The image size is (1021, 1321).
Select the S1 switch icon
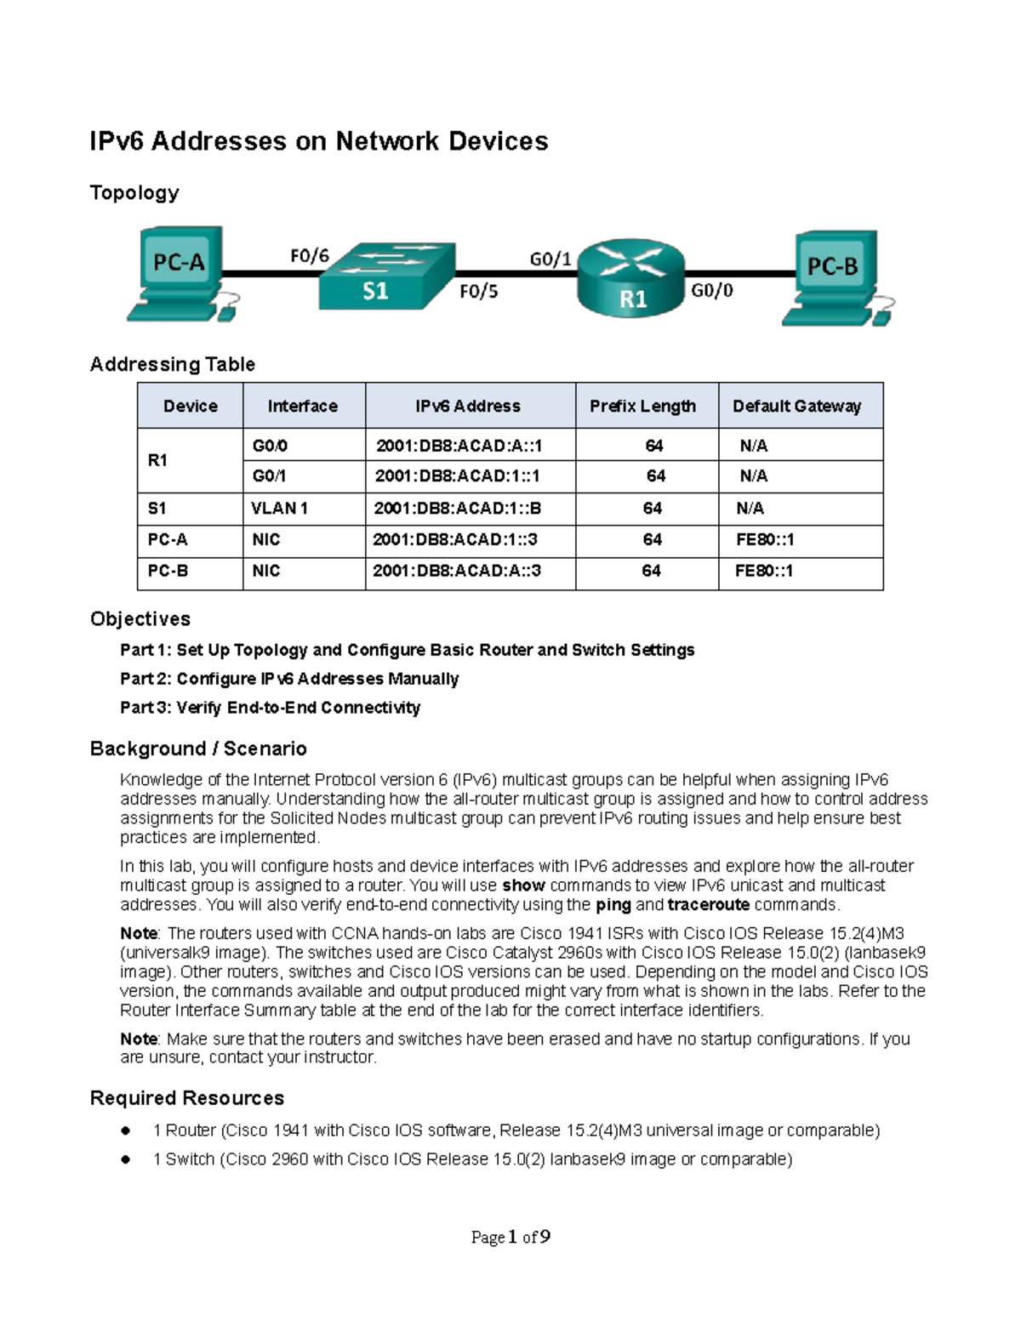[386, 277]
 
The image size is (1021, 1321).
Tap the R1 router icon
[631, 277]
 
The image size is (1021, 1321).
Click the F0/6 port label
[309, 255]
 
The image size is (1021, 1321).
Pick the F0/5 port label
[479, 292]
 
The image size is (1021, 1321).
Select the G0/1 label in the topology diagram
[550, 259]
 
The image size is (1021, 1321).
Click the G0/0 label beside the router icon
[711, 291]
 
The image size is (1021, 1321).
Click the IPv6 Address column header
[468, 407]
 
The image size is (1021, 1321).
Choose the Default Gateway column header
[796, 407]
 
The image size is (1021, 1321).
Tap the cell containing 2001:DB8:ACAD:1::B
[458, 509]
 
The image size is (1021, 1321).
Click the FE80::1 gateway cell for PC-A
[764, 540]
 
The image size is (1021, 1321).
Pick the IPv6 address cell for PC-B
[457, 572]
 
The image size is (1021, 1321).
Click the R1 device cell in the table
[158, 460]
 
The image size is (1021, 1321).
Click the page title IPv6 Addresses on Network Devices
[319, 141]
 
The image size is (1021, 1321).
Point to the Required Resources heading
[187, 1098]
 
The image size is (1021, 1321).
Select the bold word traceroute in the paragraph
[708, 905]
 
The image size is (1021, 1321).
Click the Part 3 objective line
[271, 708]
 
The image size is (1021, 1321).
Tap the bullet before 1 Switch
[125, 1159]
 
